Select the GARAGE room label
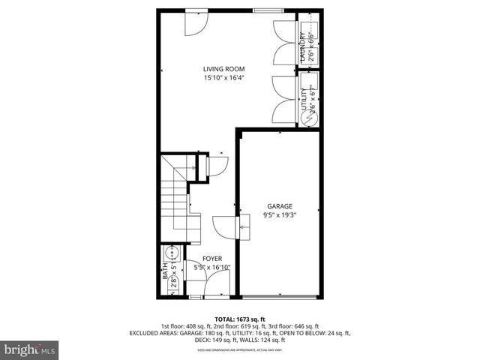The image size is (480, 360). (280, 206)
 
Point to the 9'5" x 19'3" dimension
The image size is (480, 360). (280, 215)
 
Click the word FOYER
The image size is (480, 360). (212, 259)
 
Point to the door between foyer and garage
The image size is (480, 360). (226, 225)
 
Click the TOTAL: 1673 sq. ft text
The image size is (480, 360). (239, 318)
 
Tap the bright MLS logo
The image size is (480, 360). (30, 349)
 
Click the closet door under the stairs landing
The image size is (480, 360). (218, 166)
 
